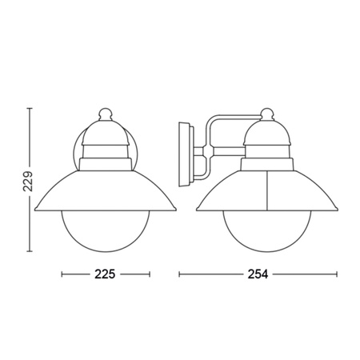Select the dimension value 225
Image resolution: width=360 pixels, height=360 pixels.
[x=106, y=274]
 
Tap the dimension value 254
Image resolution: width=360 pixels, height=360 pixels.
[x=258, y=274]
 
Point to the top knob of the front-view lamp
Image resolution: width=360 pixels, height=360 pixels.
[x=106, y=110]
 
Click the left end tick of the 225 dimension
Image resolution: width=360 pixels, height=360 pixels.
[x=62, y=274]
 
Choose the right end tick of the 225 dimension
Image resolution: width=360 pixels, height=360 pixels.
[x=150, y=274]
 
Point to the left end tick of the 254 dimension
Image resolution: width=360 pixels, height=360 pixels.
[x=178, y=274]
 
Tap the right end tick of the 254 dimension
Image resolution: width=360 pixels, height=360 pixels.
[x=338, y=274]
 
